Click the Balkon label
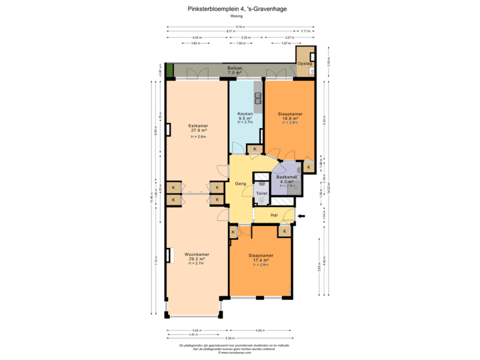tap(234, 70)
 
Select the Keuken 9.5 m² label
tap(245, 118)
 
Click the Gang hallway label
tap(241, 183)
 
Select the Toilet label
tap(262, 193)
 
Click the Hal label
tap(274, 215)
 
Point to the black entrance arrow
tap(301, 215)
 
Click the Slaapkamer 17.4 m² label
tap(261, 259)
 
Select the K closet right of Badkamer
tap(308, 166)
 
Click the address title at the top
tap(240, 9)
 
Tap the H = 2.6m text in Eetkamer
tap(198, 137)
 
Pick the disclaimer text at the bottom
tap(235, 347)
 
